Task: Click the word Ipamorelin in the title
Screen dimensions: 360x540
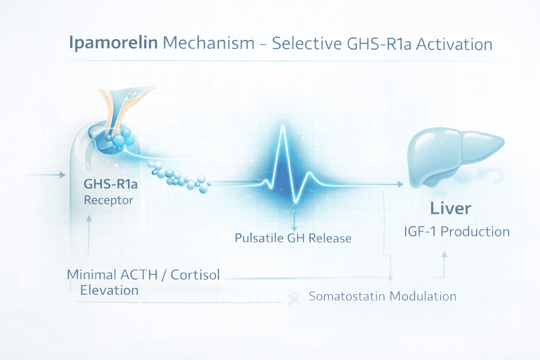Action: coord(113,43)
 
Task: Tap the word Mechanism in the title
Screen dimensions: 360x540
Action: coord(209,43)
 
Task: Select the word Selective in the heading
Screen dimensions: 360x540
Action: coord(307,44)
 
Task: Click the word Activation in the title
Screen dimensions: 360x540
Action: coord(454,45)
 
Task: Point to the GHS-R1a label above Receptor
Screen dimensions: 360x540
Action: coord(110,184)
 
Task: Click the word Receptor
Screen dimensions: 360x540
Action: coord(109,200)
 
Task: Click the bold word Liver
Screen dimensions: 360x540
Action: coord(450,208)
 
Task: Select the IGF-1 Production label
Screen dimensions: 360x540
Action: coord(457,232)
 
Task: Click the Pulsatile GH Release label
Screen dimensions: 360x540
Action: coord(293,238)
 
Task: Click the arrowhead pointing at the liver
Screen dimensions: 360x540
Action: coord(400,184)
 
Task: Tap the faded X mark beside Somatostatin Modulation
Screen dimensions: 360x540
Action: coord(294,299)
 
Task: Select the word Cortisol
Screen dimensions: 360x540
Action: coord(195,275)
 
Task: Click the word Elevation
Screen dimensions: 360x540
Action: coord(109,290)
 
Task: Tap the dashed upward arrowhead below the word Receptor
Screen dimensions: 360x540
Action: coord(89,218)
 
